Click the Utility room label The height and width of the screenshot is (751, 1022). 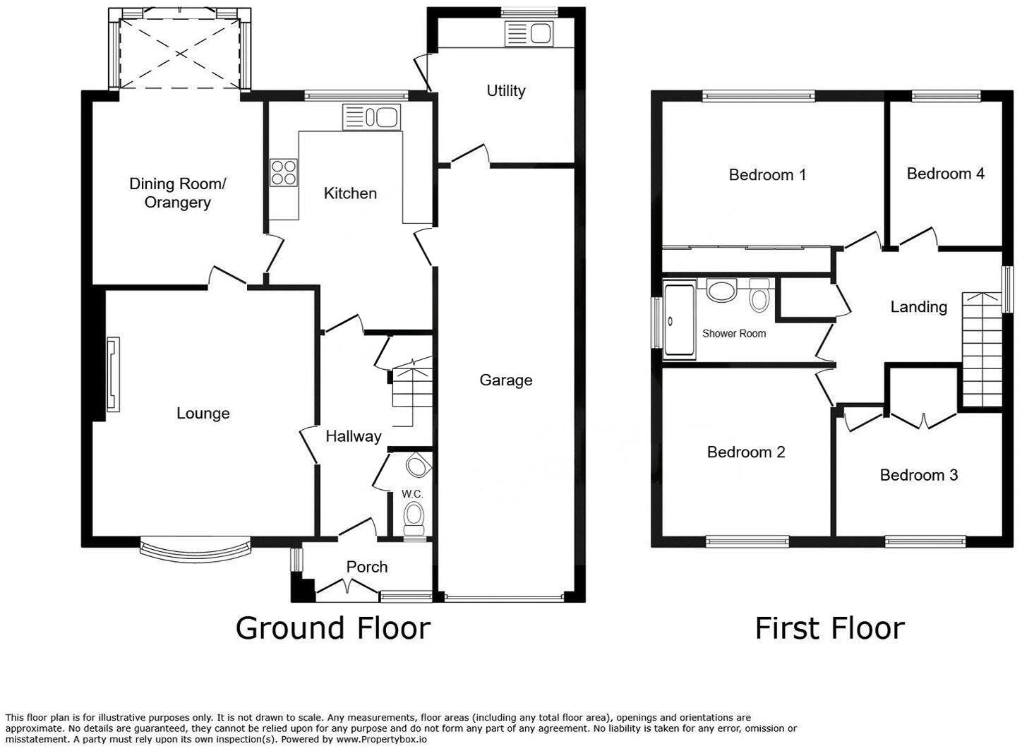click(505, 90)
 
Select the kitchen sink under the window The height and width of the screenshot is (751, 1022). click(372, 116)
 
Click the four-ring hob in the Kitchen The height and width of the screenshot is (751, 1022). click(284, 172)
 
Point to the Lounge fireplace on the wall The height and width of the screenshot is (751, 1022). click(112, 374)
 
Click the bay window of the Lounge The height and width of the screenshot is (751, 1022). click(195, 552)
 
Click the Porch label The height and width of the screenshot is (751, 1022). click(366, 567)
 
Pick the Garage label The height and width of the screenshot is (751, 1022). click(505, 380)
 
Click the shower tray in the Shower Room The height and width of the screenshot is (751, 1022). click(679, 321)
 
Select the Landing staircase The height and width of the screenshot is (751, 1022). click(982, 350)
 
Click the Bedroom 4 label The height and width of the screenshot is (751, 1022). click(945, 174)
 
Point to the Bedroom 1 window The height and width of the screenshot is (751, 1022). click(759, 97)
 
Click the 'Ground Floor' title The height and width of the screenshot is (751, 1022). click(332, 627)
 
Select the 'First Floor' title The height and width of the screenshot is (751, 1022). click(829, 627)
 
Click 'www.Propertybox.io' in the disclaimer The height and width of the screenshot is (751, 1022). click(381, 740)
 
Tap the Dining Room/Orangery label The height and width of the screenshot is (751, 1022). click(177, 193)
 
